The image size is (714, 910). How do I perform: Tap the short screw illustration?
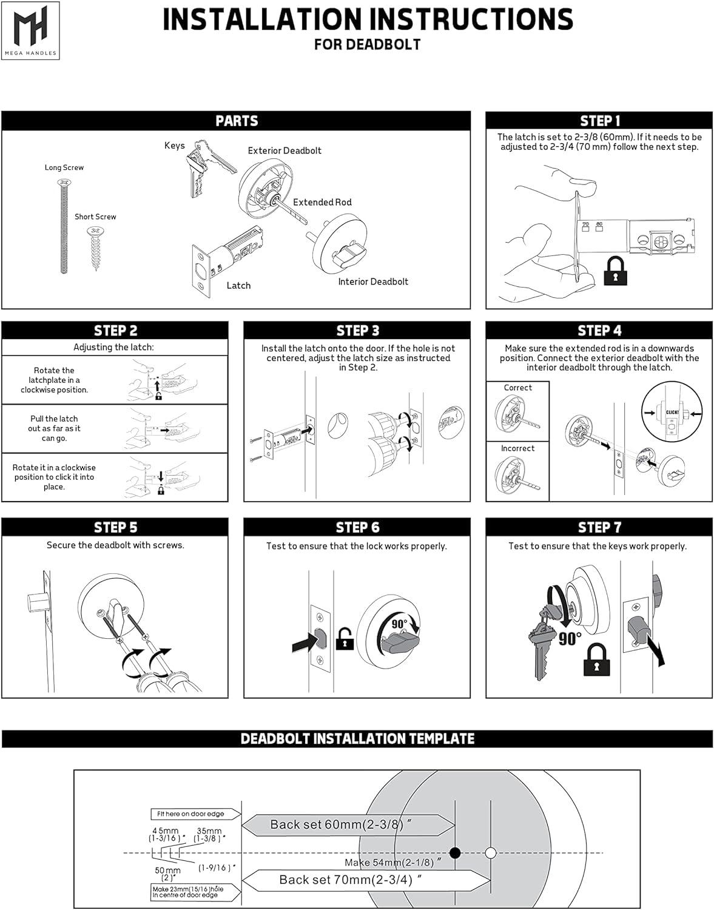[x=95, y=248]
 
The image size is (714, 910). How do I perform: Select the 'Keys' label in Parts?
[x=174, y=146]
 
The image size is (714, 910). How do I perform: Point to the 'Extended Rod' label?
[x=322, y=202]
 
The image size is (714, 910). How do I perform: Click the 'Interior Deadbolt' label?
[x=373, y=281]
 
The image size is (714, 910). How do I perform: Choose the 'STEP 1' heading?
[x=599, y=120]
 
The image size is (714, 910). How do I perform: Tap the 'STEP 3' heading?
[x=357, y=330]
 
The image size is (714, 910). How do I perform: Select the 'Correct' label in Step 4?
[x=517, y=388]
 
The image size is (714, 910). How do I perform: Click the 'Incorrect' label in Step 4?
[x=517, y=448]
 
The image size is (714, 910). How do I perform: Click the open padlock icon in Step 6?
[x=345, y=638]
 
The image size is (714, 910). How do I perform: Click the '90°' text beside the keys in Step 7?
[x=570, y=638]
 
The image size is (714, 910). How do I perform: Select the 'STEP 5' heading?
[x=115, y=527]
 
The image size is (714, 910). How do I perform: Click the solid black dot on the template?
[x=455, y=853]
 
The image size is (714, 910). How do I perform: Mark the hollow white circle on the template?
[x=490, y=853]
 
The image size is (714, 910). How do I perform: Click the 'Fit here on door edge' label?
[x=190, y=814]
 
